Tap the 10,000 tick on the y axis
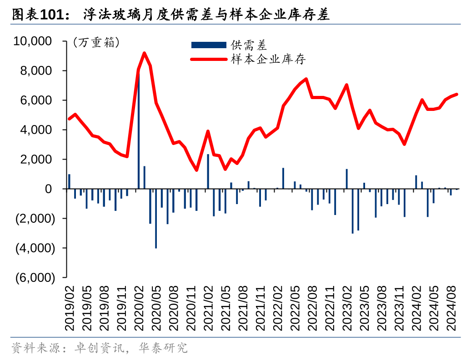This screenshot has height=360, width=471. tap(35, 41)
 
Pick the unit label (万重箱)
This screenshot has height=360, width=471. tap(96, 43)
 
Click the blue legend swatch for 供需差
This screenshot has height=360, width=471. tap(208, 45)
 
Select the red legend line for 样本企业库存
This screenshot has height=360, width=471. tap(208, 59)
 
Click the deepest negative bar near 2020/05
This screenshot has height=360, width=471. tap(156, 218)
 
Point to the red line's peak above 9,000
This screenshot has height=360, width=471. tap(145, 53)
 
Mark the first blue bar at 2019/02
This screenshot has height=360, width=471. tap(70, 181)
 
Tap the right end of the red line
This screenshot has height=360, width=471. tap(456, 95)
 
